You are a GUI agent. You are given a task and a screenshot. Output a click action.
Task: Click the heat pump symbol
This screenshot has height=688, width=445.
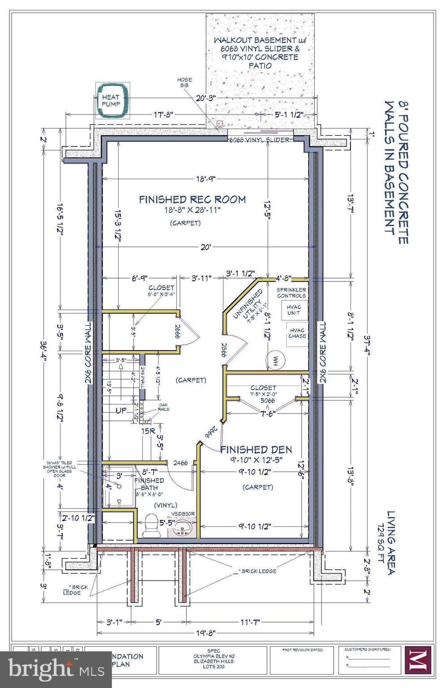coord(111,101)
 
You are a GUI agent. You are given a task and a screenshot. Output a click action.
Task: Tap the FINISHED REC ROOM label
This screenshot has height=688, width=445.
coord(192,199)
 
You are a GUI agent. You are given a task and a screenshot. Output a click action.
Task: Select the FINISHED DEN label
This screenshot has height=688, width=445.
coord(256,449)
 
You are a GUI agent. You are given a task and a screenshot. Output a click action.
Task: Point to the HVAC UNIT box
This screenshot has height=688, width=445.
coord(294,310)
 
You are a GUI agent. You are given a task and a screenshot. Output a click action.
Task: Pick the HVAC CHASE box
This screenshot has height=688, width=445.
coord(297,333)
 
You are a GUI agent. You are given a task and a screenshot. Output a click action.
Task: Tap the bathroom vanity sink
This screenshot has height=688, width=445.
coord(183,528)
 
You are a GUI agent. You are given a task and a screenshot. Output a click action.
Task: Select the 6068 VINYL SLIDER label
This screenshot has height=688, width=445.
coord(259,140)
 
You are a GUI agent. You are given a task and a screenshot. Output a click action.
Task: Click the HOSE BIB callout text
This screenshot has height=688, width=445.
coord(185,82)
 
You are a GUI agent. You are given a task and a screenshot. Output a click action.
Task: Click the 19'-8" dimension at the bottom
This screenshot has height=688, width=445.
coord(205,633)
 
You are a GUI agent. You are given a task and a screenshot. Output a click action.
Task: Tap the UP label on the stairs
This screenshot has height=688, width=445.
coord(121,410)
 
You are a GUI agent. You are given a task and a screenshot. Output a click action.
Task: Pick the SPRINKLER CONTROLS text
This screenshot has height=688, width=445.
coord(291,293)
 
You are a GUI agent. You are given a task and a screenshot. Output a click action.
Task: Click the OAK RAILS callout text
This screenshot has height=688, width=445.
coord(163,407)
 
